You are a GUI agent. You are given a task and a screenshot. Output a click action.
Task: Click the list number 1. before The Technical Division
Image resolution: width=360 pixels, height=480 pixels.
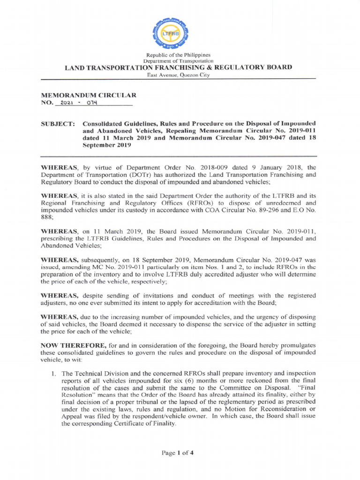(53, 373)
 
